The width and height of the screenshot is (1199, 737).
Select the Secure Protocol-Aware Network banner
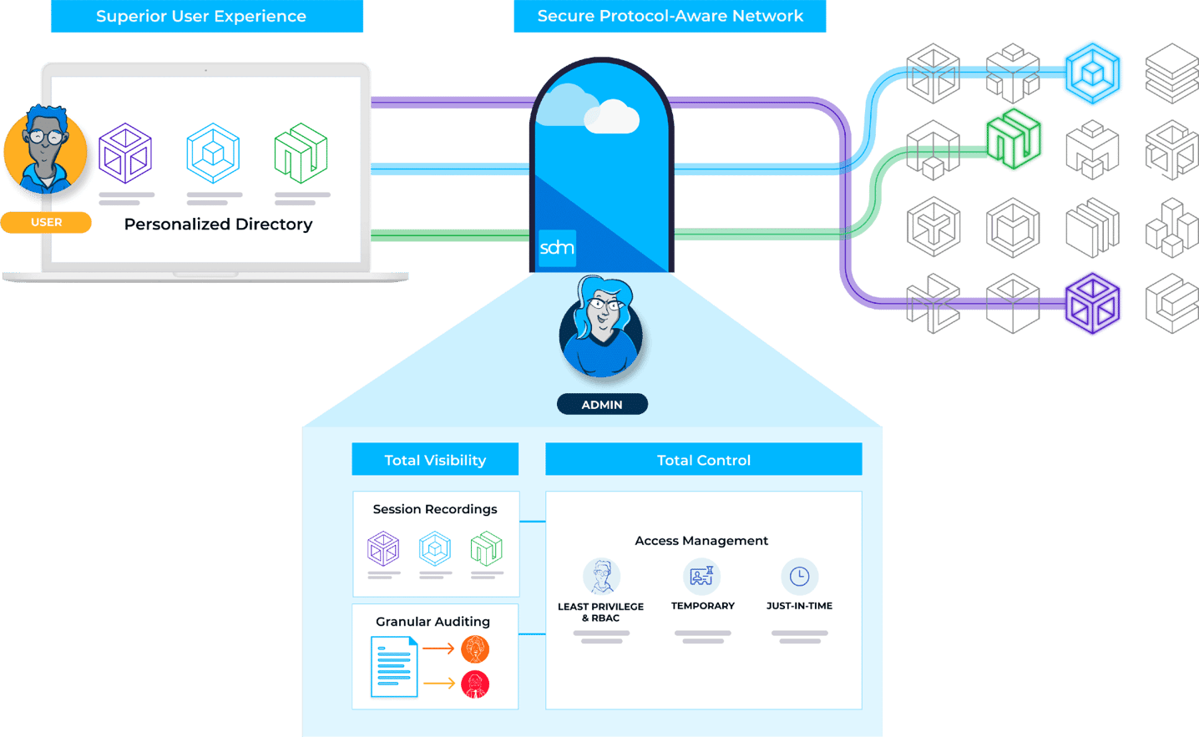click(x=670, y=17)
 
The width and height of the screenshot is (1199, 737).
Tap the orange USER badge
click(x=46, y=223)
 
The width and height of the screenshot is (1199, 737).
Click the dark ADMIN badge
click(x=602, y=405)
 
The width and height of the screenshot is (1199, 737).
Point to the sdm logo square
click(x=557, y=248)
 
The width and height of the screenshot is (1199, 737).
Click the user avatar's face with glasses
click(x=45, y=142)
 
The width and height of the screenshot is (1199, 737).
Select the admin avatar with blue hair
click(x=603, y=326)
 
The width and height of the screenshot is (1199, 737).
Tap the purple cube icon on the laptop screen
click(x=125, y=154)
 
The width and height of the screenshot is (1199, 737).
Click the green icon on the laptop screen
click(x=301, y=154)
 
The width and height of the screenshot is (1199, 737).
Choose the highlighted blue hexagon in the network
click(x=1092, y=73)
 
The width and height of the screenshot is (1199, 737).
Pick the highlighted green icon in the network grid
click(x=1014, y=139)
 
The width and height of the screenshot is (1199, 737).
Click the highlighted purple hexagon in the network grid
click(x=1092, y=304)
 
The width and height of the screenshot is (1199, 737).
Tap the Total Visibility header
click(x=435, y=460)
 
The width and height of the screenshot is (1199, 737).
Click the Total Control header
click(x=703, y=460)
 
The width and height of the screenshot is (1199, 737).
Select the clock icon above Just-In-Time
click(x=799, y=576)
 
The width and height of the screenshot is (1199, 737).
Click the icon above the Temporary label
click(x=701, y=576)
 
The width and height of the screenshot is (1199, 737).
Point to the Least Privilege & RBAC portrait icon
click(x=601, y=576)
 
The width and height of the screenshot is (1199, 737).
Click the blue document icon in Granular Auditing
click(x=394, y=667)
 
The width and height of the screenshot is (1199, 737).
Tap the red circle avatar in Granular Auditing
click(x=475, y=684)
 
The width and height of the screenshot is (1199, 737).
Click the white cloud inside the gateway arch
click(x=612, y=118)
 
